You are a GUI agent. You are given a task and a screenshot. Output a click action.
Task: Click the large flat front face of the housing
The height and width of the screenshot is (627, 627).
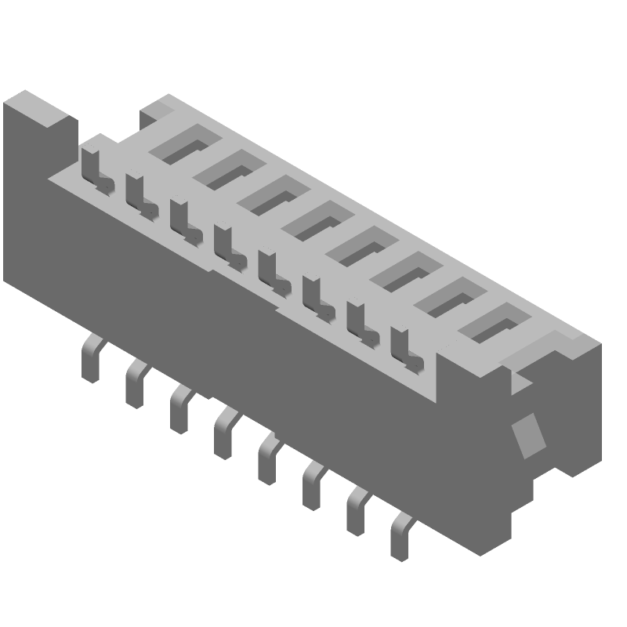coord(235,345)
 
